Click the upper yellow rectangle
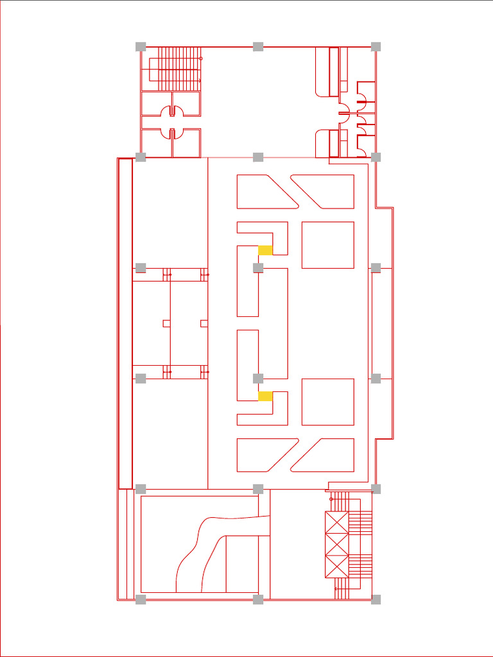tap(265, 250)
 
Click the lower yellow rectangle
tap(265, 396)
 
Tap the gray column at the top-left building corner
tap(141, 46)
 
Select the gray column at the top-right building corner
tap(376, 46)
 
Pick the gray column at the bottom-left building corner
tap(141, 599)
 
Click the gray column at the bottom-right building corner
tap(376, 599)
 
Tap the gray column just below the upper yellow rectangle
tap(258, 268)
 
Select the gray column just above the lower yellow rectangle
tap(258, 378)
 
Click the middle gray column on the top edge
tap(258, 46)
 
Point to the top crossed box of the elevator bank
tap(336, 522)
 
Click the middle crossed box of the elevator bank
tap(336, 544)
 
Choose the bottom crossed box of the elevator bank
tap(336, 566)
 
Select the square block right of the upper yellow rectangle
tap(327, 245)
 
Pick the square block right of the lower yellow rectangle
tap(327, 402)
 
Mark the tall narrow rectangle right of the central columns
tap(273, 323)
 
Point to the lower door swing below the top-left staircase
tap(171, 133)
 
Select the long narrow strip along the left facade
tap(125, 323)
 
